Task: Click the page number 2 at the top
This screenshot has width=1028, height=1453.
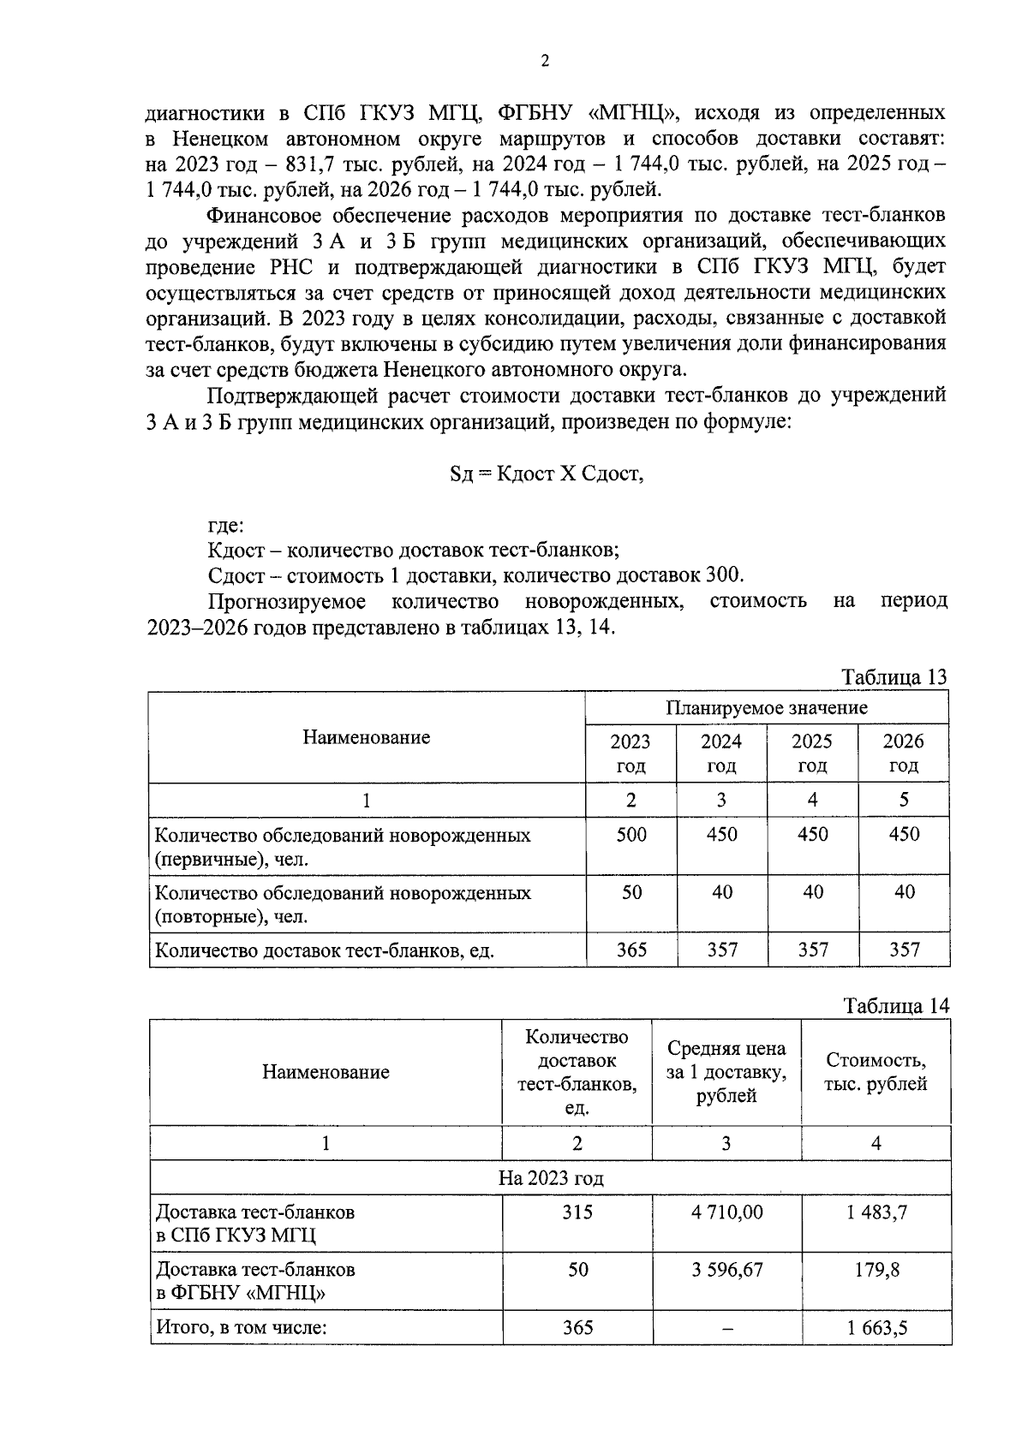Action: pos(545,60)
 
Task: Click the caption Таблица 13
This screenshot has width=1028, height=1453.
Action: pos(894,676)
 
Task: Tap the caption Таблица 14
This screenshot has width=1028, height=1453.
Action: pos(895,1004)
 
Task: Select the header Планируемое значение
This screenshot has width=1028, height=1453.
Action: pos(767,707)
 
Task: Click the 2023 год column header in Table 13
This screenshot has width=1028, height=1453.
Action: pos(631,753)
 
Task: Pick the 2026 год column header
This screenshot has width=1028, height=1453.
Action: pos(903,753)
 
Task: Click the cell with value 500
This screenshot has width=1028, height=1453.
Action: pos(631,834)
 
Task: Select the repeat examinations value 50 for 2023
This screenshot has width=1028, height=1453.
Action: pos(631,892)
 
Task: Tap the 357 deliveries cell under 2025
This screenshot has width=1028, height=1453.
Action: pos(812,950)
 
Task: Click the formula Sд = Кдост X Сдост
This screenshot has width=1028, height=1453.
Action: pos(546,473)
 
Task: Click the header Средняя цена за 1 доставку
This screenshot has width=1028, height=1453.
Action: pos(726,1071)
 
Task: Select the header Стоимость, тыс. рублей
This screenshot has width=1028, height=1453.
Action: pos(875,1071)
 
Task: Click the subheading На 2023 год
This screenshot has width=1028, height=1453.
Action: pos(550,1178)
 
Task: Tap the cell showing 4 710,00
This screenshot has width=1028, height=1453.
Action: pos(727,1212)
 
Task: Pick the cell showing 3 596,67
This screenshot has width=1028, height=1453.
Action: pos(727,1269)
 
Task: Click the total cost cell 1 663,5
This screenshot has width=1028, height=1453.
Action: pos(876,1327)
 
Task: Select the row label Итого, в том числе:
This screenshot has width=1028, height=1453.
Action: pos(242,1327)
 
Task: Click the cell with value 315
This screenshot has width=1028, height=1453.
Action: pos(577,1212)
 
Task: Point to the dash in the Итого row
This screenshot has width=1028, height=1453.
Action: pos(726,1328)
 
